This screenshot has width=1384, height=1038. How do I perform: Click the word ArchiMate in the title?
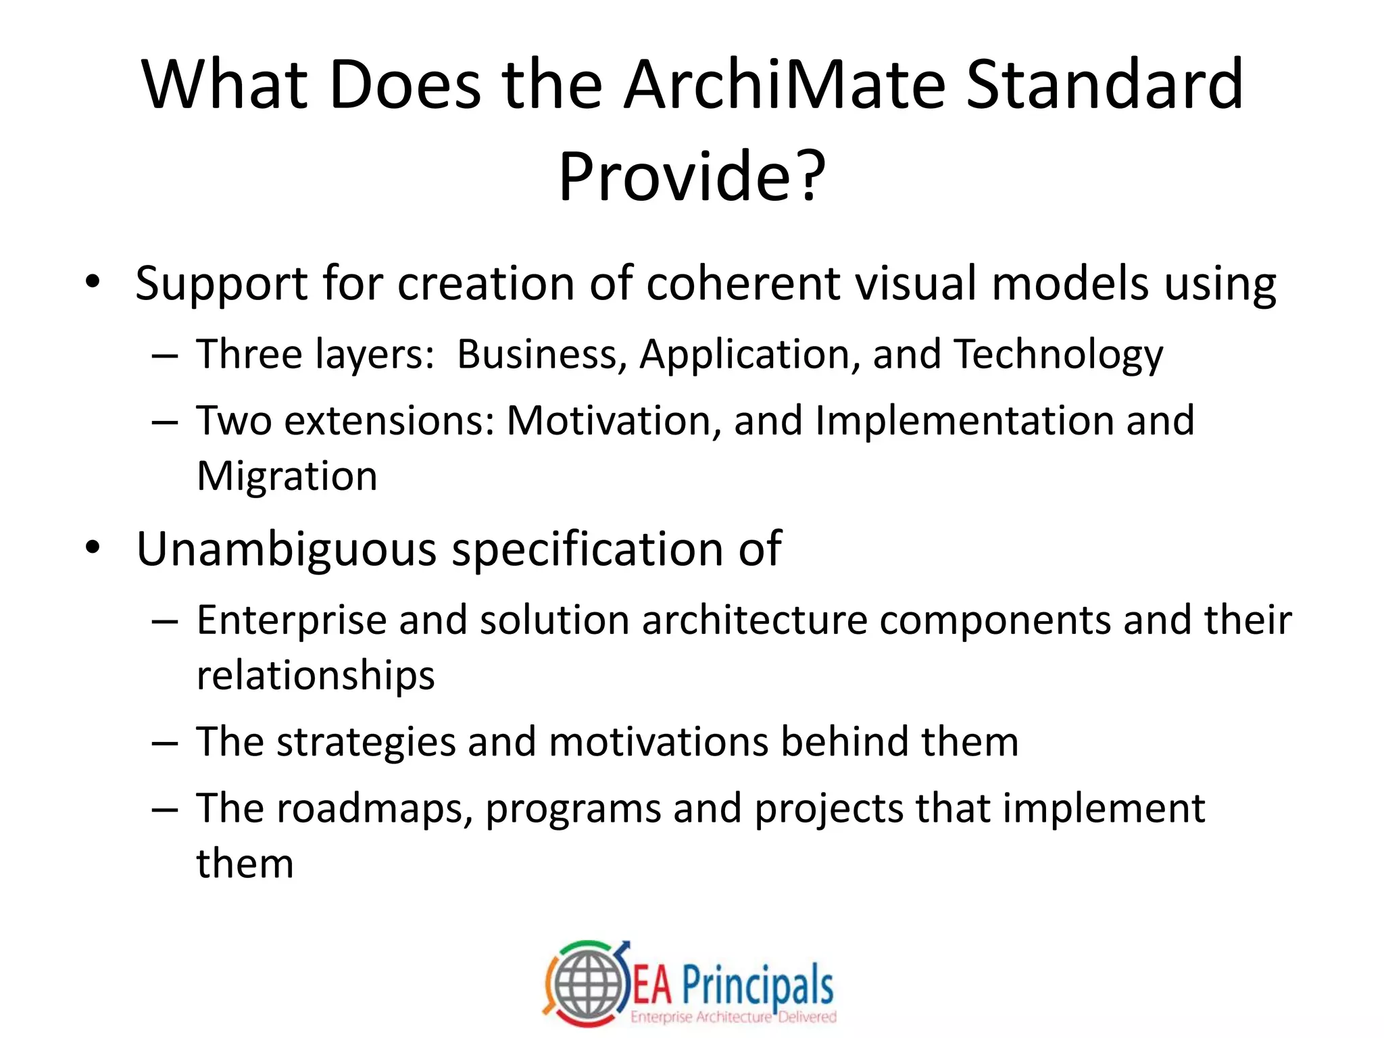pos(784,85)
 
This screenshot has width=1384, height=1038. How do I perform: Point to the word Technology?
pos(1058,355)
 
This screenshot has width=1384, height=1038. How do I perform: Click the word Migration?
pos(287,476)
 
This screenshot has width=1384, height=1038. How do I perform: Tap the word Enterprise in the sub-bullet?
pos(291,620)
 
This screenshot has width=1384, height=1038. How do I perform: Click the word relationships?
pos(315,676)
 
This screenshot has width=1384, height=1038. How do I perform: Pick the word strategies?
pos(366,742)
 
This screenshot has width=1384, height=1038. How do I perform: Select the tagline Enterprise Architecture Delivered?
pos(733,1017)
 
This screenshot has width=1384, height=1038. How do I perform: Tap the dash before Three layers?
pos(165,355)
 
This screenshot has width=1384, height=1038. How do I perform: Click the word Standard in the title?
pos(1104,85)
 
